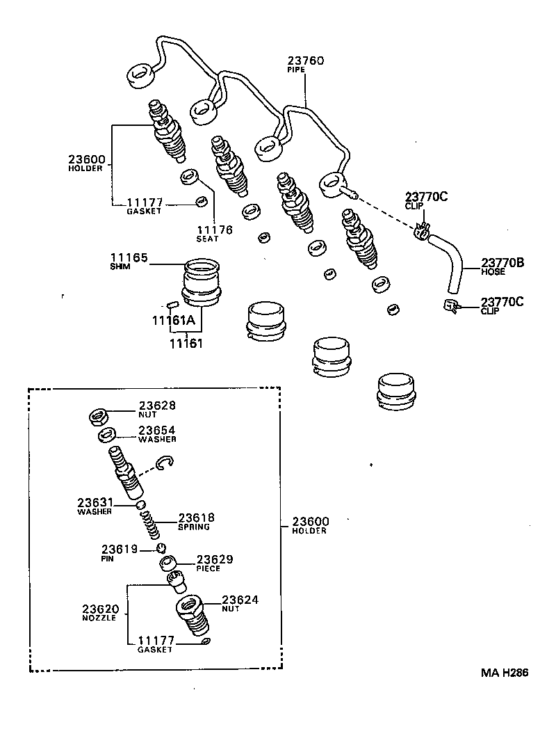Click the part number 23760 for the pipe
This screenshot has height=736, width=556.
[x=305, y=61]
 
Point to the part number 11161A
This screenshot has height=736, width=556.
[x=174, y=320]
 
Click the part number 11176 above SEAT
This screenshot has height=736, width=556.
[x=214, y=230]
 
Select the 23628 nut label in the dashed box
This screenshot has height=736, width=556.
[x=157, y=406]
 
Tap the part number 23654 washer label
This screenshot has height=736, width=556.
[x=157, y=431]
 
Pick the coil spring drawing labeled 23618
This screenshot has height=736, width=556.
[x=154, y=524]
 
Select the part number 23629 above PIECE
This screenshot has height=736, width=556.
[x=215, y=559]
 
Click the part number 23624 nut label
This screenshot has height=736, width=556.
[x=240, y=600]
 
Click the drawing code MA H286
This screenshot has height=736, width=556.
[x=504, y=673]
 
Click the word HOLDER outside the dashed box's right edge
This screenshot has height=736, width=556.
[x=309, y=531]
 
